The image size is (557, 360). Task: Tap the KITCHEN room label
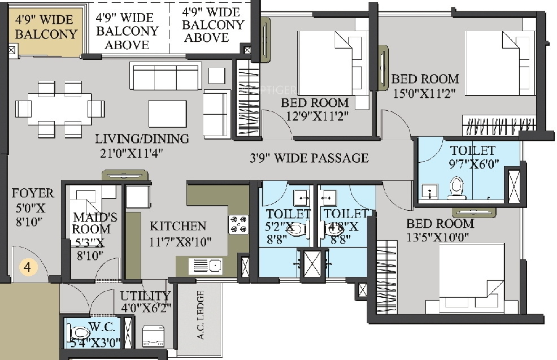click(178, 226)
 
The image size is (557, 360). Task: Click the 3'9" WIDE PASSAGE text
click(309, 158)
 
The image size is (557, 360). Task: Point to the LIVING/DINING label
click(142, 138)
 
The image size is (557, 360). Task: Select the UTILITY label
click(145, 296)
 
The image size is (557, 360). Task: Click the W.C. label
click(102, 327)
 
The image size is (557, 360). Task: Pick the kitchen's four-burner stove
click(238, 224)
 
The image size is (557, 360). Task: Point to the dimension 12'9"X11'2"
click(315, 116)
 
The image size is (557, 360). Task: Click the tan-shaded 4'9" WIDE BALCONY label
click(46, 27)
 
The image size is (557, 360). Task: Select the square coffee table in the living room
click(167, 113)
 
